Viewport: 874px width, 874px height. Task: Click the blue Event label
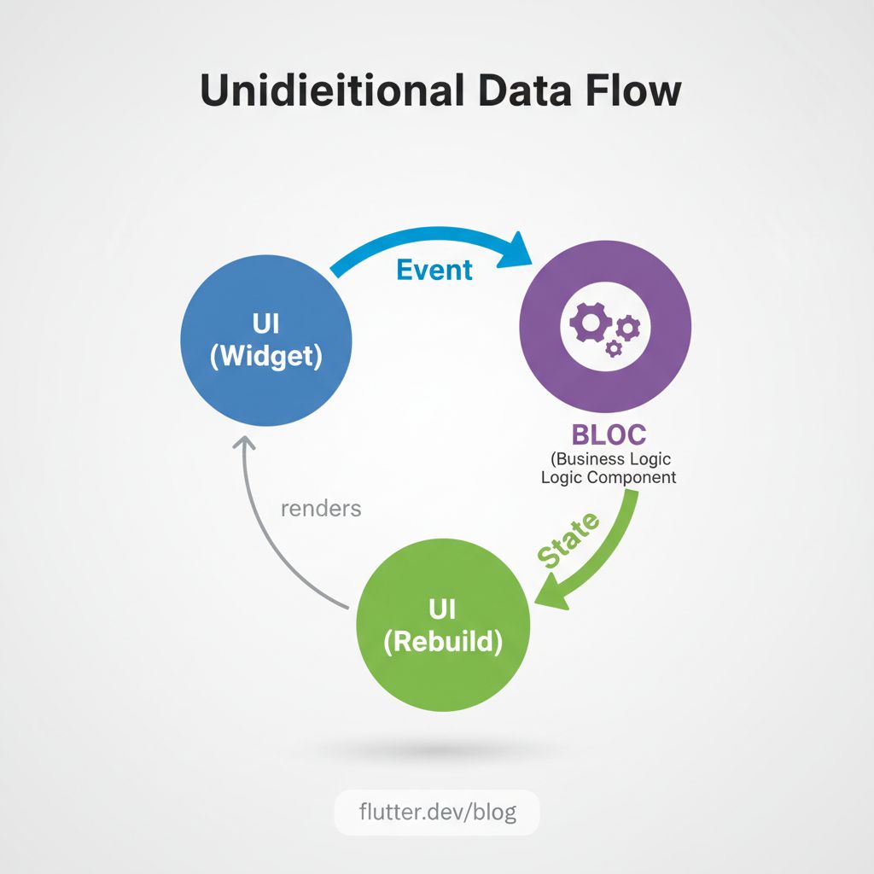pyautogui.click(x=434, y=270)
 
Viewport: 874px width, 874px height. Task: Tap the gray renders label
pyautogui.click(x=321, y=509)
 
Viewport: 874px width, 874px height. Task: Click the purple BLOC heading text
pyautogui.click(x=609, y=434)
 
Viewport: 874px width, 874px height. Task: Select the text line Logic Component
pyautogui.click(x=609, y=477)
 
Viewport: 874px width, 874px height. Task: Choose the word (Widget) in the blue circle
pyautogui.click(x=265, y=355)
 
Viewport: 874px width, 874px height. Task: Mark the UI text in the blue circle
pyautogui.click(x=265, y=324)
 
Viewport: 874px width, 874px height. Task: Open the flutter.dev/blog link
pyautogui.click(x=436, y=811)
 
